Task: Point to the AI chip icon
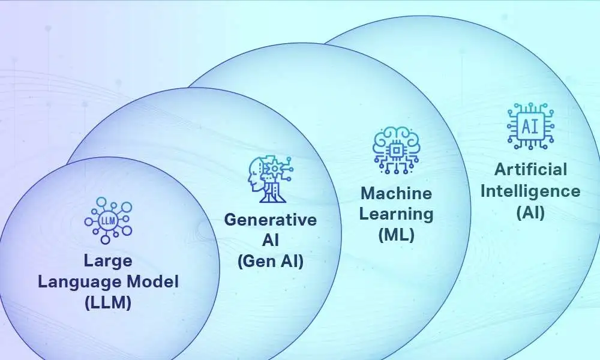click(530, 126)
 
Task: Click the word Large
click(108, 262)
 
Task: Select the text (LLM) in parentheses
click(108, 303)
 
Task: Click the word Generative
click(270, 220)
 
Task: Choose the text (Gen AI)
click(270, 261)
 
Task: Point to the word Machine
click(396, 193)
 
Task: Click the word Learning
click(396, 214)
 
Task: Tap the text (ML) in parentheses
click(396, 235)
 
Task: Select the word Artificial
click(530, 170)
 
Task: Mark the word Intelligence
click(530, 191)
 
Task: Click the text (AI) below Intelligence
click(530, 212)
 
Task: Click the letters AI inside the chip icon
click(530, 126)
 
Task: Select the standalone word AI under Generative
click(270, 241)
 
